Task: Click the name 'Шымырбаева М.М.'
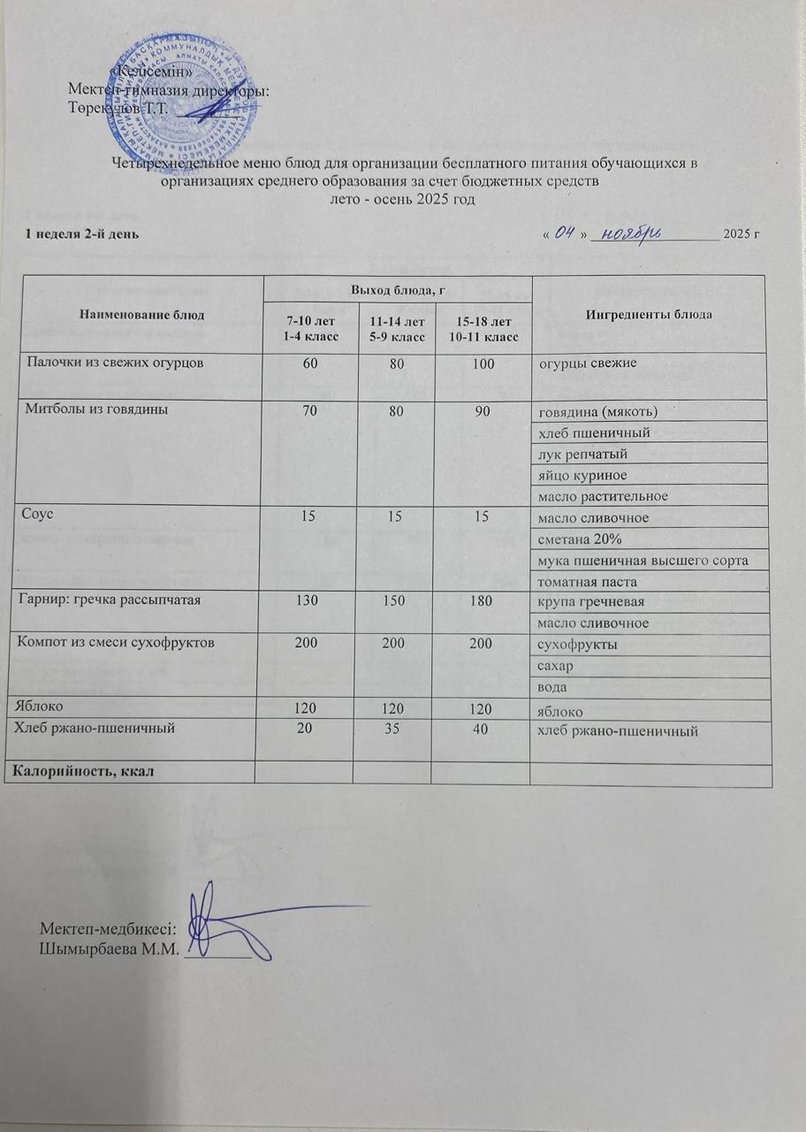pos(110,951)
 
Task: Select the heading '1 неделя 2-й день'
pos(80,234)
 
